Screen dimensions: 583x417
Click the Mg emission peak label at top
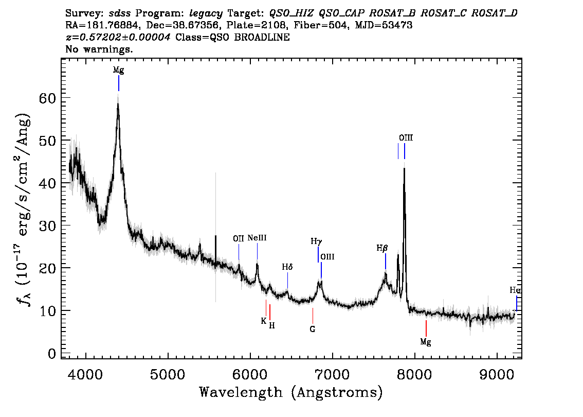[119, 70]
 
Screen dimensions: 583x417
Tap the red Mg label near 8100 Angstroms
[426, 342]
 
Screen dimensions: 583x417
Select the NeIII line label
[257, 238]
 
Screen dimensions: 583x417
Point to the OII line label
[239, 238]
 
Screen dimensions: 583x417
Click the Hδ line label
[287, 267]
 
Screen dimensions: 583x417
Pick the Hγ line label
[316, 241]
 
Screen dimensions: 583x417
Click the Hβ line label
[382, 248]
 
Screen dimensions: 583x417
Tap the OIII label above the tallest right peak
[406, 138]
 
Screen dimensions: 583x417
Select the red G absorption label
[313, 329]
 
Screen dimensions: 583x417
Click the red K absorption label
[263, 321]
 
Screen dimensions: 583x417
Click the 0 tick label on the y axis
[52, 353]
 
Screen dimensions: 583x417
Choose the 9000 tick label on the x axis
[497, 375]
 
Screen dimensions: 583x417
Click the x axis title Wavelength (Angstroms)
[291, 392]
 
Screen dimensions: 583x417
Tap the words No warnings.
[99, 49]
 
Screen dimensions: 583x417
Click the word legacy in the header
[206, 14]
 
